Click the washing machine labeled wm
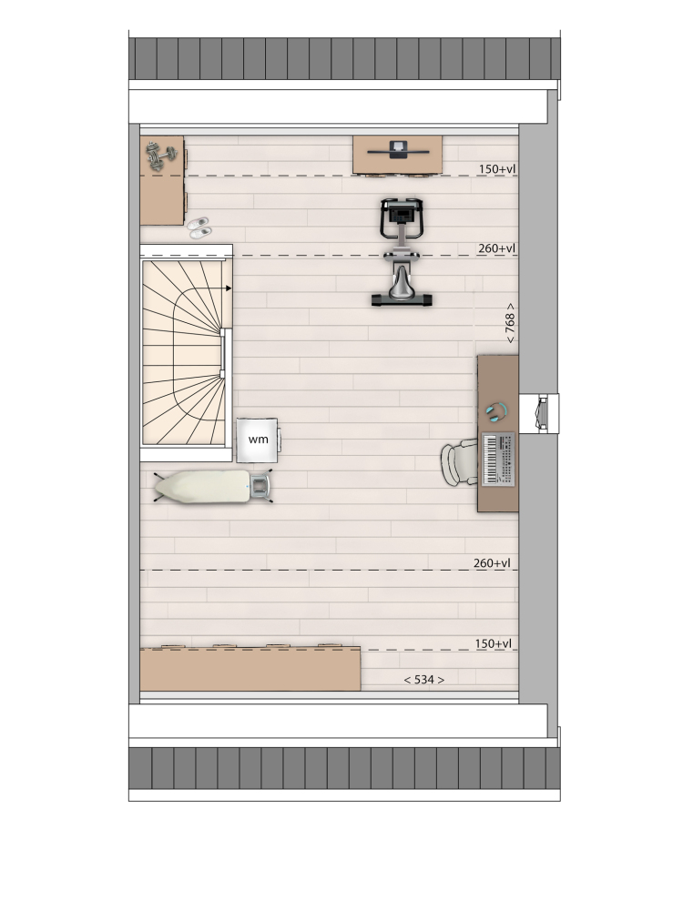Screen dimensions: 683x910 258,440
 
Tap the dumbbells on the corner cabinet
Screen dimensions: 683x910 161,156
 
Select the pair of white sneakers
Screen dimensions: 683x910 199,227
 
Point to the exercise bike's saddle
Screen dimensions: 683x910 402,282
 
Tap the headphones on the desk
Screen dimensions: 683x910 496,412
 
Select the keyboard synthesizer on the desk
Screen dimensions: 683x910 498,459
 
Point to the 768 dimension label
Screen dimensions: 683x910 510,323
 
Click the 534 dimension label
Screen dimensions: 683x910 424,679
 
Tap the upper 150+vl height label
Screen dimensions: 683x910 497,169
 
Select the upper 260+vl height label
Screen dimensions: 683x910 496,248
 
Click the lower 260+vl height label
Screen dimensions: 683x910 492,563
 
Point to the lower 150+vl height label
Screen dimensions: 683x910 493,643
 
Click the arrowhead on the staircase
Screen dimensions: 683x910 229,288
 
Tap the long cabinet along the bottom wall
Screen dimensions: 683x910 250,669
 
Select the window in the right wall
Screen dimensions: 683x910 539,413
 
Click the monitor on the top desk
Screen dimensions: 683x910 399,150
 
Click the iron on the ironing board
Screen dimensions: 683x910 261,486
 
